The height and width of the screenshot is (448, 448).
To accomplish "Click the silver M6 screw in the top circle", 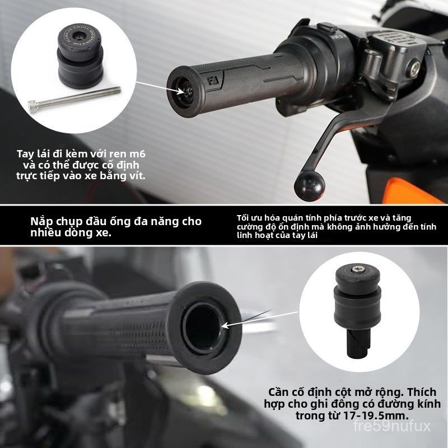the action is (74, 99).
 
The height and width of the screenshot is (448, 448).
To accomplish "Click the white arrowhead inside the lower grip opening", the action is (226, 325).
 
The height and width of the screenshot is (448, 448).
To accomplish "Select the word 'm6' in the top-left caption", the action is (138, 155).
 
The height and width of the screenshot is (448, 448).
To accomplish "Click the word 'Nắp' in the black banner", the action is (40, 222).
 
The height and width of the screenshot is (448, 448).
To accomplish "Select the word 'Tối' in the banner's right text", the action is (242, 218).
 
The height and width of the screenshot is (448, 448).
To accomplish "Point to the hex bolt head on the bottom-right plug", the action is (356, 269).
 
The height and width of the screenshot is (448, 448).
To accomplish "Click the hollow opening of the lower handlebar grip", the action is (202, 326).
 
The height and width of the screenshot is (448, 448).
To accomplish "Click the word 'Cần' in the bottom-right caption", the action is (279, 392).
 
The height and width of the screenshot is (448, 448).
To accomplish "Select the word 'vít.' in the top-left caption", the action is (136, 176).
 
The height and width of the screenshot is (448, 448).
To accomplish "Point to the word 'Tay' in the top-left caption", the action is (26, 155).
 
